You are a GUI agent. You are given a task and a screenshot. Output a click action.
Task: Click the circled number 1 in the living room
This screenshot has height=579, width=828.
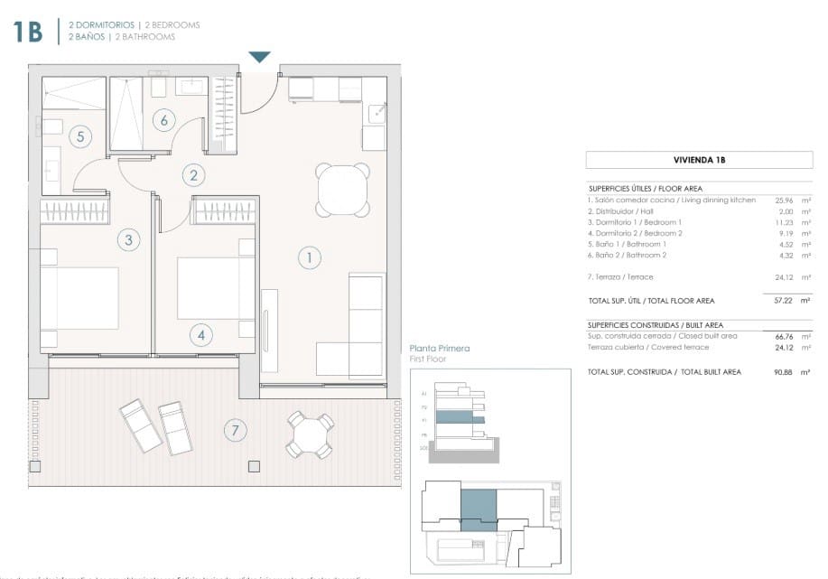(x=310, y=258)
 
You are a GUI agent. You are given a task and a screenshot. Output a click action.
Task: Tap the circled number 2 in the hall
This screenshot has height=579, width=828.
(x=191, y=175)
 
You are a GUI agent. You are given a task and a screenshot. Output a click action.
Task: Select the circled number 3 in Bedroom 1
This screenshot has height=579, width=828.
(x=129, y=240)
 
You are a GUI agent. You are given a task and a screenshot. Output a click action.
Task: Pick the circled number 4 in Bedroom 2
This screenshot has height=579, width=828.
(x=200, y=335)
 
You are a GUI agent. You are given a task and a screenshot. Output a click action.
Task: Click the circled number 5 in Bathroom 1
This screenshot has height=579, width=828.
(x=80, y=137)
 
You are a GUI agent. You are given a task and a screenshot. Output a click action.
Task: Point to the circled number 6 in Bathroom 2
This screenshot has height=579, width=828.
(x=163, y=119)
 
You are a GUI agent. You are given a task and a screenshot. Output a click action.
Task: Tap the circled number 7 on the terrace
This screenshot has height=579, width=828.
(x=235, y=431)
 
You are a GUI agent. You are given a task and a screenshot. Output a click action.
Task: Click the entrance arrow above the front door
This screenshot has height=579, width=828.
(x=260, y=57)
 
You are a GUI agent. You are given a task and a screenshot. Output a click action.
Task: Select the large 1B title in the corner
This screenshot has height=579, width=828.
(x=28, y=32)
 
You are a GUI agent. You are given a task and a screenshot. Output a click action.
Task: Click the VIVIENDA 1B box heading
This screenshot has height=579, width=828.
(x=699, y=160)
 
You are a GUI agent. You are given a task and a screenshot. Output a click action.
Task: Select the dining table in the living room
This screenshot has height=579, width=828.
(x=343, y=190)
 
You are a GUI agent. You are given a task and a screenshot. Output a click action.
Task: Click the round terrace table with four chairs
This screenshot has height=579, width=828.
(x=310, y=435)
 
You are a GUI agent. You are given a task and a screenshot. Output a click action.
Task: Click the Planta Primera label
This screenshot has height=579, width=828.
(x=440, y=348)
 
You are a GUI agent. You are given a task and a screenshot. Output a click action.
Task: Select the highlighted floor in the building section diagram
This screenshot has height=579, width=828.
(x=461, y=418)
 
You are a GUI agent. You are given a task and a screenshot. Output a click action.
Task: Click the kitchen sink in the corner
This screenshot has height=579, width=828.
(x=378, y=113)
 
